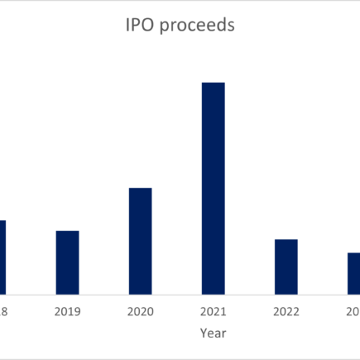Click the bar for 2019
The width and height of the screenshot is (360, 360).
[67, 262]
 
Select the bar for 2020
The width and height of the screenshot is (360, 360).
[140, 240]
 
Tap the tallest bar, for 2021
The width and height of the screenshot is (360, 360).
[213, 188]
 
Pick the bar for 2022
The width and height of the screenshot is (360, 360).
[286, 266]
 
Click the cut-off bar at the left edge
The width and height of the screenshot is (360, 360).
[2, 257]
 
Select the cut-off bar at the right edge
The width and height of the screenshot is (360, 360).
[353, 272]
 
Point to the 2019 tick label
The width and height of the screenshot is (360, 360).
[67, 312]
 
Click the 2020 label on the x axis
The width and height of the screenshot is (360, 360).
[140, 312]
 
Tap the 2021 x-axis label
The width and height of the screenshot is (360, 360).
[213, 312]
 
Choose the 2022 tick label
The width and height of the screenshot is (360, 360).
[286, 312]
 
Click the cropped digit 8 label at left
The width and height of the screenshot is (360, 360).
[3, 312]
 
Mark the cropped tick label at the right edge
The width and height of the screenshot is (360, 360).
[353, 312]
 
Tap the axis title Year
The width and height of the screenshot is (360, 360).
[213, 334]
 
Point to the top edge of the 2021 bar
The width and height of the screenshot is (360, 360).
[213, 83]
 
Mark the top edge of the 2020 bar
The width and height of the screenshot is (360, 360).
[140, 189]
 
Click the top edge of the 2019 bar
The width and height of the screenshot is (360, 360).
[67, 231]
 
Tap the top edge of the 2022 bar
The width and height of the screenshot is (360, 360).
[286, 240]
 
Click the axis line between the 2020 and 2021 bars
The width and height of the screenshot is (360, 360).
[176, 293]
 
